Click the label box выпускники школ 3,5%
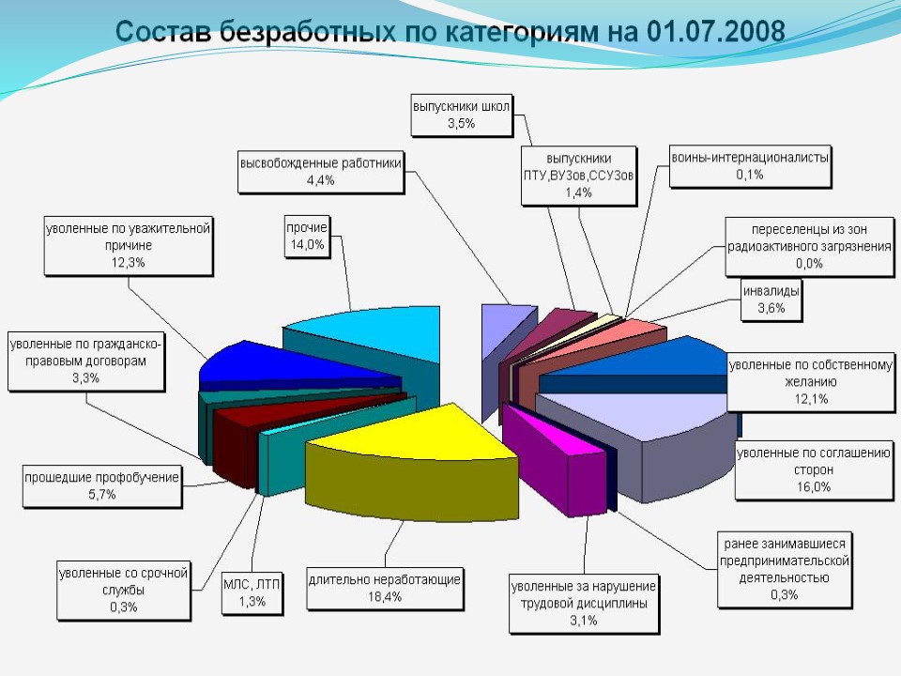pos(461,115)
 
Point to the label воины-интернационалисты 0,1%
pos(750,166)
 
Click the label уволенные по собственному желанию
pos(809,382)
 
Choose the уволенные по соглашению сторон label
pos(813,469)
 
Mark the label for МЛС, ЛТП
pos(252,591)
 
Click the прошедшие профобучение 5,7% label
pos(101,485)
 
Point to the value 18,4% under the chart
pos(385,596)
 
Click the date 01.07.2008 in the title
pos(714,31)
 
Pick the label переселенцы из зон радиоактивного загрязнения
pos(810,247)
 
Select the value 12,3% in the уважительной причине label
pos(129,263)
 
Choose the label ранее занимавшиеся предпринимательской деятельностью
pos(785,568)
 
